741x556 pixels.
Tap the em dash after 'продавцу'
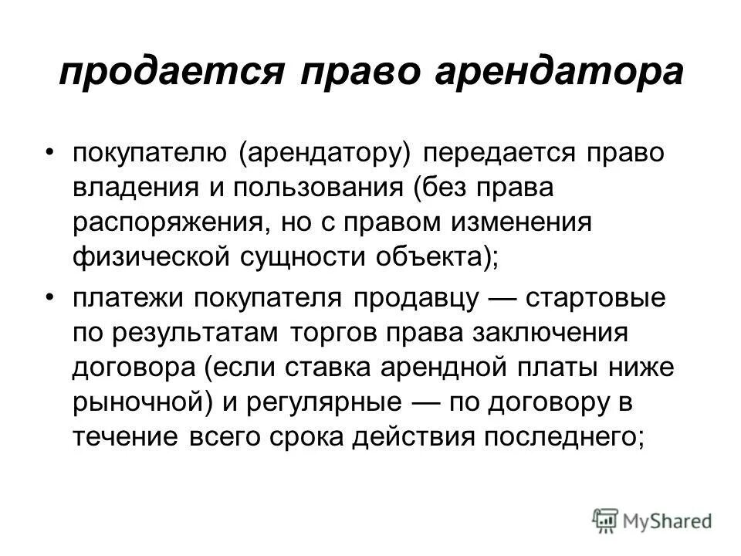[x=487, y=297]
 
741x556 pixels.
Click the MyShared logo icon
[x=605, y=520]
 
